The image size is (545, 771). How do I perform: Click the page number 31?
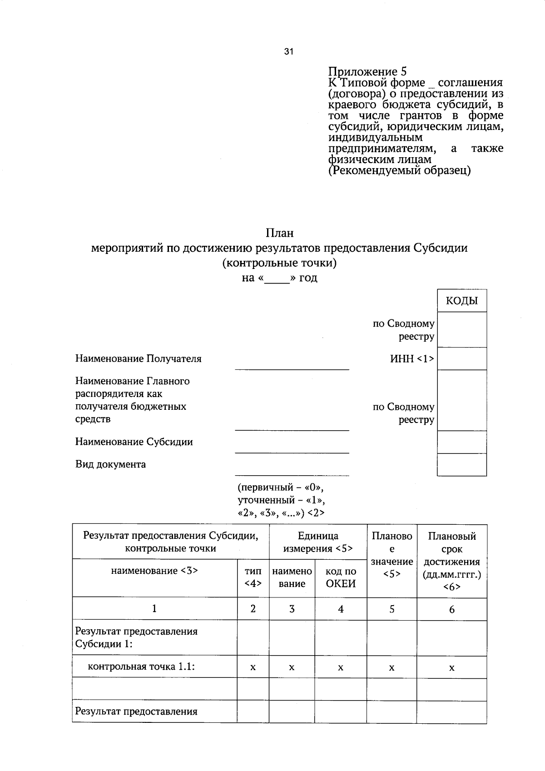(x=289, y=52)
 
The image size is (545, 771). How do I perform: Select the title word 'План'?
(x=280, y=233)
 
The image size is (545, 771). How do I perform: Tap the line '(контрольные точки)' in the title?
(x=279, y=263)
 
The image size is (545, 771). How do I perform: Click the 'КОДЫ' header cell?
(x=461, y=301)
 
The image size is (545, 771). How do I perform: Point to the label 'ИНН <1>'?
(x=412, y=359)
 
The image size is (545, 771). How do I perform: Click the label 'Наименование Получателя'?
(x=138, y=359)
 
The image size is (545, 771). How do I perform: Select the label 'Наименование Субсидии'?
(x=134, y=442)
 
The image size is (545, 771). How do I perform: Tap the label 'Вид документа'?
(x=110, y=464)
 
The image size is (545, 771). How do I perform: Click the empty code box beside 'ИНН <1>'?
(x=461, y=359)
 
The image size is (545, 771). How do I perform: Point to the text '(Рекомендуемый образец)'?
(x=399, y=171)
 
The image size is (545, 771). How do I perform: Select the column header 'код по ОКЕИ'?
(x=341, y=577)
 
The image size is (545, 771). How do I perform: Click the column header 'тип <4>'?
(x=253, y=577)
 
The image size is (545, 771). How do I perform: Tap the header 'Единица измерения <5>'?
(x=318, y=542)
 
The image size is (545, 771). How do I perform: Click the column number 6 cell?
(x=451, y=609)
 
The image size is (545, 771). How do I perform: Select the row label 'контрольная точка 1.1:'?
(x=141, y=667)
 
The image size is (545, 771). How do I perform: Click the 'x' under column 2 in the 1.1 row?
(x=253, y=667)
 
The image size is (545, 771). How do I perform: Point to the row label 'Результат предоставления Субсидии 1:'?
(x=136, y=637)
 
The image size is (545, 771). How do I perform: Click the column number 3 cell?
(x=292, y=609)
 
